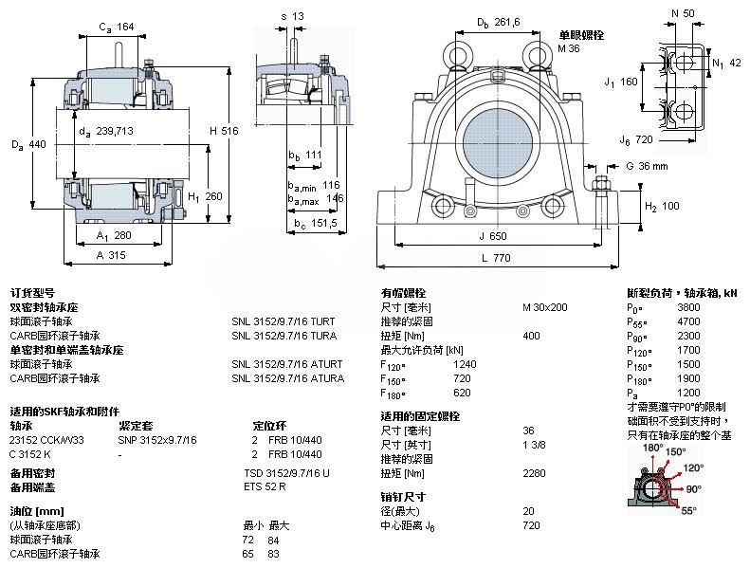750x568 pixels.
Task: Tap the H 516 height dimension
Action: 223,131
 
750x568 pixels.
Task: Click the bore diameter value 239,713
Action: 111,132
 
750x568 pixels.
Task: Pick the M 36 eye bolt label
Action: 569,48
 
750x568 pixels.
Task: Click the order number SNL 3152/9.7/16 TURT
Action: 283,321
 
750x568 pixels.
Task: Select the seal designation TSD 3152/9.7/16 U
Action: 286,472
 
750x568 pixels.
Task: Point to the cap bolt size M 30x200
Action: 545,307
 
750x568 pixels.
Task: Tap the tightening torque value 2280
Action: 535,472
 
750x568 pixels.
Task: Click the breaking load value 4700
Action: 688,321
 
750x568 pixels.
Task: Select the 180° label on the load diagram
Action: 652,447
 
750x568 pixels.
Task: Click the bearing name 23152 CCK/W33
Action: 46,439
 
